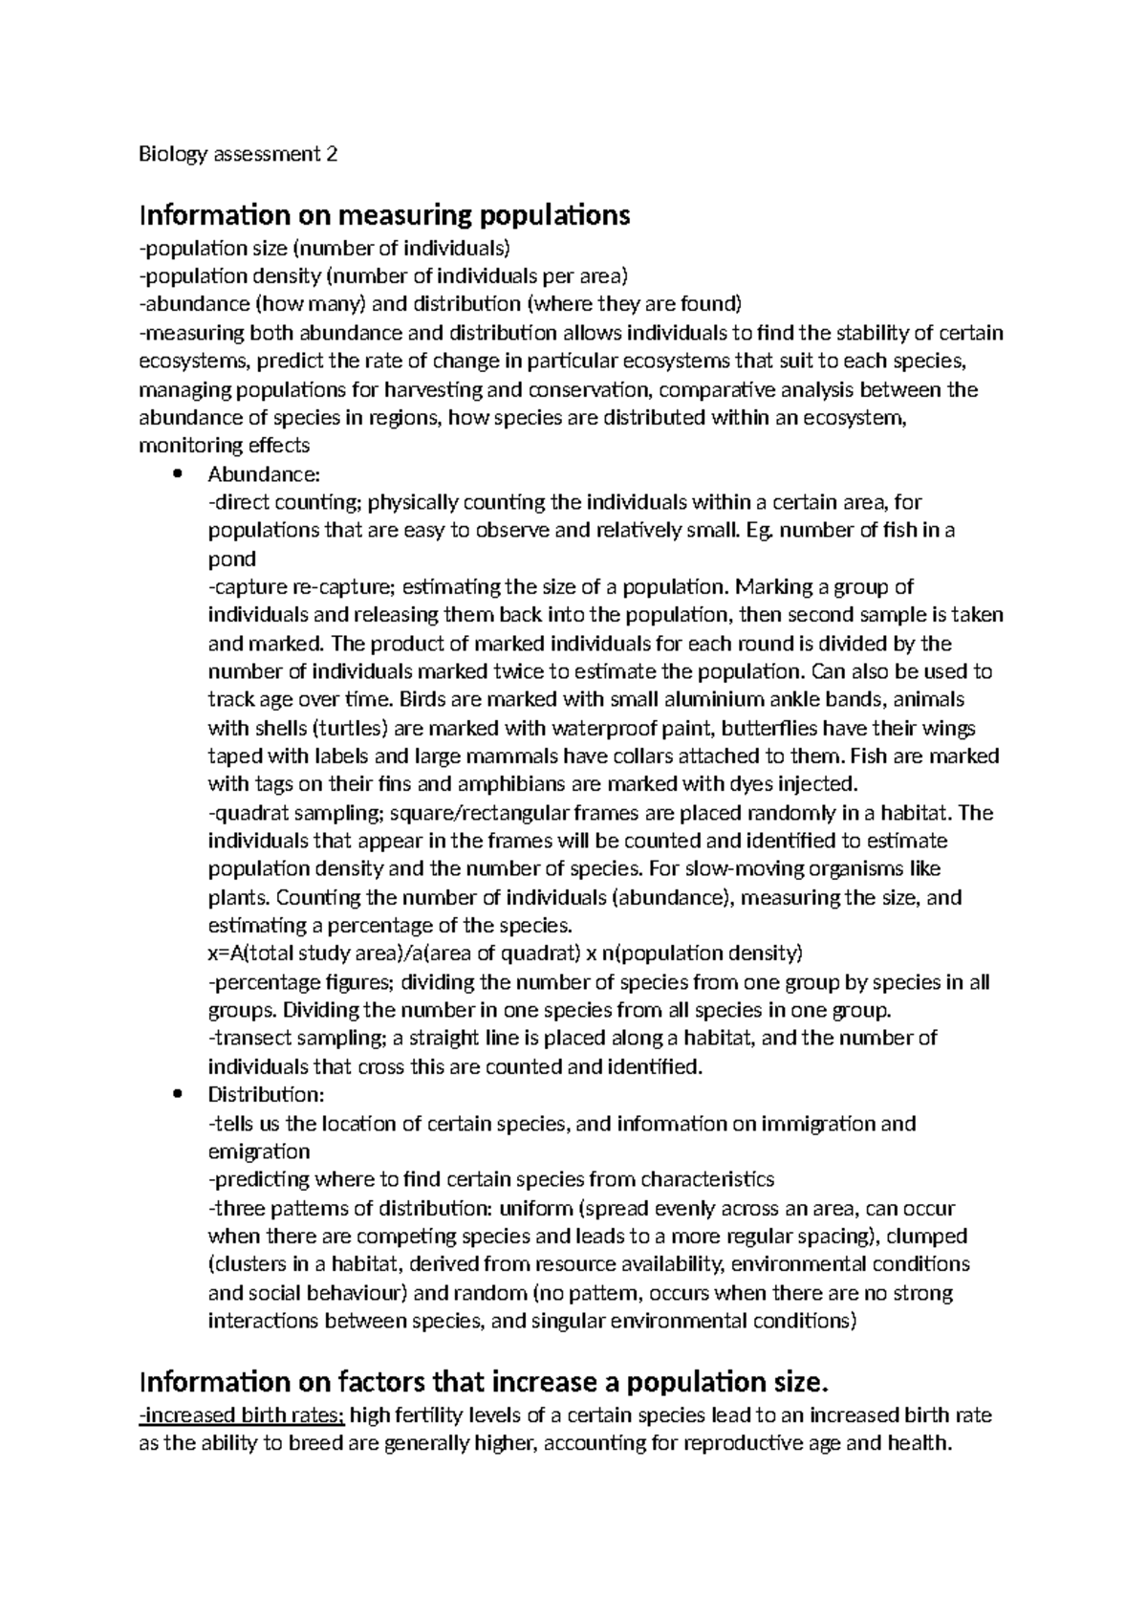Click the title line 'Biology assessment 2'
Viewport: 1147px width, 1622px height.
(x=238, y=154)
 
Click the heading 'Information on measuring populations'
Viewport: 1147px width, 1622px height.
(x=384, y=215)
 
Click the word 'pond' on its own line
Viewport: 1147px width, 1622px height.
(x=232, y=559)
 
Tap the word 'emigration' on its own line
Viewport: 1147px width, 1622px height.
(x=259, y=1151)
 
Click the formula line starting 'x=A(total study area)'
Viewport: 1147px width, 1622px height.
(x=505, y=953)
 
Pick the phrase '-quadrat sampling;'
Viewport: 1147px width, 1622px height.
(x=284, y=813)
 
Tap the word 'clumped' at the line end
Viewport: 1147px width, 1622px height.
(x=929, y=1236)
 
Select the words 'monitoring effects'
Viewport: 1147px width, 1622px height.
(x=225, y=446)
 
